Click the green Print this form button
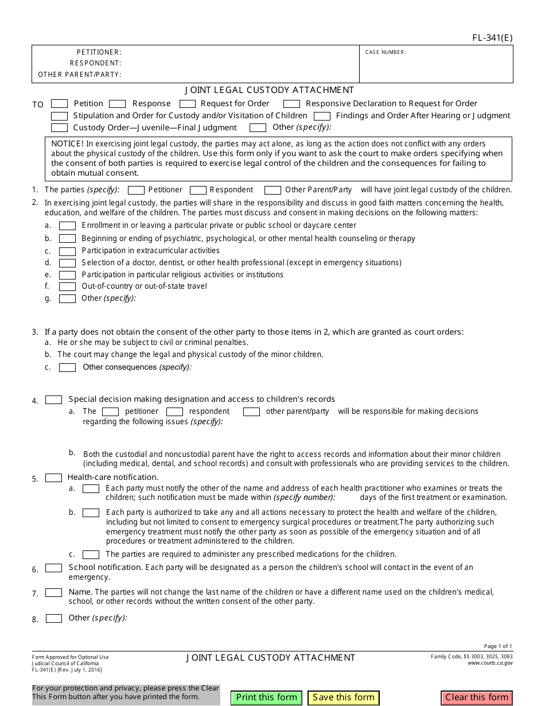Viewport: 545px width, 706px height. click(267, 697)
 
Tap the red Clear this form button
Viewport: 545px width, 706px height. click(477, 697)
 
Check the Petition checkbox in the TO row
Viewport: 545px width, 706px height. click(59, 104)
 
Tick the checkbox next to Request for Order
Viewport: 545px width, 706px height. click(188, 104)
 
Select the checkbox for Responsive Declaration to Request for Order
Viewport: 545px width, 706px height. click(291, 104)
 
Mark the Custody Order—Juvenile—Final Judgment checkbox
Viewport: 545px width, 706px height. click(59, 128)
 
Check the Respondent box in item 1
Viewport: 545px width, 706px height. click(198, 190)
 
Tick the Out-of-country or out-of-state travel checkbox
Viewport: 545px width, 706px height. click(67, 286)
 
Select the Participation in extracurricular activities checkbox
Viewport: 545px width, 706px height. click(67, 251)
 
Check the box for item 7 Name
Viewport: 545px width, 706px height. click(53, 593)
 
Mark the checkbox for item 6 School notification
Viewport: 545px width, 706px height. click(53, 568)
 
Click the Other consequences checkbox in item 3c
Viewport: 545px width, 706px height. click(67, 367)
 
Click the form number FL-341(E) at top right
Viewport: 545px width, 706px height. click(492, 38)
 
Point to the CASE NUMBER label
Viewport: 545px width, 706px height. click(386, 52)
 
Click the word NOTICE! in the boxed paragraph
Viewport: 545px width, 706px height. click(67, 143)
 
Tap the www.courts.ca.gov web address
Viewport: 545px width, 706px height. click(490, 663)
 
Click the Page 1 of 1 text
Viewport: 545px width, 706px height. click(498, 646)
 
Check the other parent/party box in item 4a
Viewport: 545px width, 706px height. click(251, 412)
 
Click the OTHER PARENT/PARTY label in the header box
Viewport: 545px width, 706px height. click(80, 75)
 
